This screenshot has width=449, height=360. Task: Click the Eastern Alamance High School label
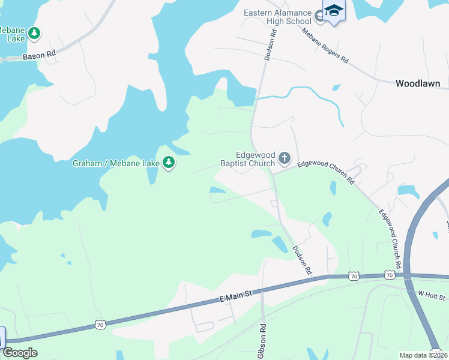[x=277, y=17]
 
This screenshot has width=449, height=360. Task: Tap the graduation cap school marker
[x=334, y=11]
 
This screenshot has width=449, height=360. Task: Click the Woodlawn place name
[x=418, y=84]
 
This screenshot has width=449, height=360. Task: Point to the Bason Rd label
[x=39, y=55]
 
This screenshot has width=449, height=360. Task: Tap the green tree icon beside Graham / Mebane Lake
[x=169, y=163]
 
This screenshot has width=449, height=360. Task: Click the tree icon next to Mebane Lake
[x=35, y=33]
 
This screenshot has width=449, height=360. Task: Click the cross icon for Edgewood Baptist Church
[x=285, y=158]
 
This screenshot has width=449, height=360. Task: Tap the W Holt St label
[x=431, y=295]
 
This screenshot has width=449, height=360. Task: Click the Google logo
[x=20, y=353]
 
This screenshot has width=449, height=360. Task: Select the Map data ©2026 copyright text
[x=423, y=355]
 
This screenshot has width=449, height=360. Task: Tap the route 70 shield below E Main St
[x=100, y=325]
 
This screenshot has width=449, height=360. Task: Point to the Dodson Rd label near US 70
[x=302, y=260]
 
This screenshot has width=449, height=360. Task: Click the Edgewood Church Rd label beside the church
[x=325, y=170]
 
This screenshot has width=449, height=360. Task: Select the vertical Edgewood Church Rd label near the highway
[x=390, y=238]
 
